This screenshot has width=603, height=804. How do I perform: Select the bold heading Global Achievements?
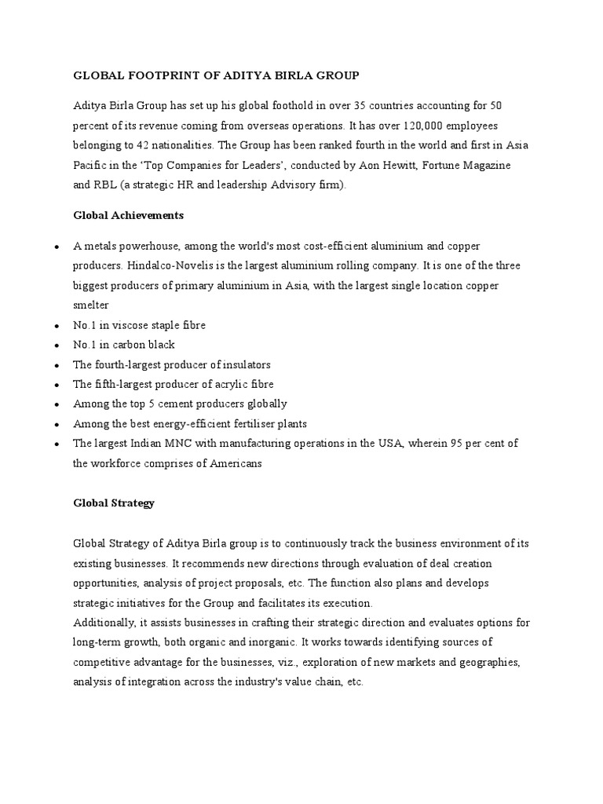tap(129, 214)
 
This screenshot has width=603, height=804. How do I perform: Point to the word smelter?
tap(91, 304)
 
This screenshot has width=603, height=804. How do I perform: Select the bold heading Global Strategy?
tap(114, 503)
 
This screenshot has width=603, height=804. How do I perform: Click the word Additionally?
tap(105, 623)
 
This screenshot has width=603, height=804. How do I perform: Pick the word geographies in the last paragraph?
tap(484, 663)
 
